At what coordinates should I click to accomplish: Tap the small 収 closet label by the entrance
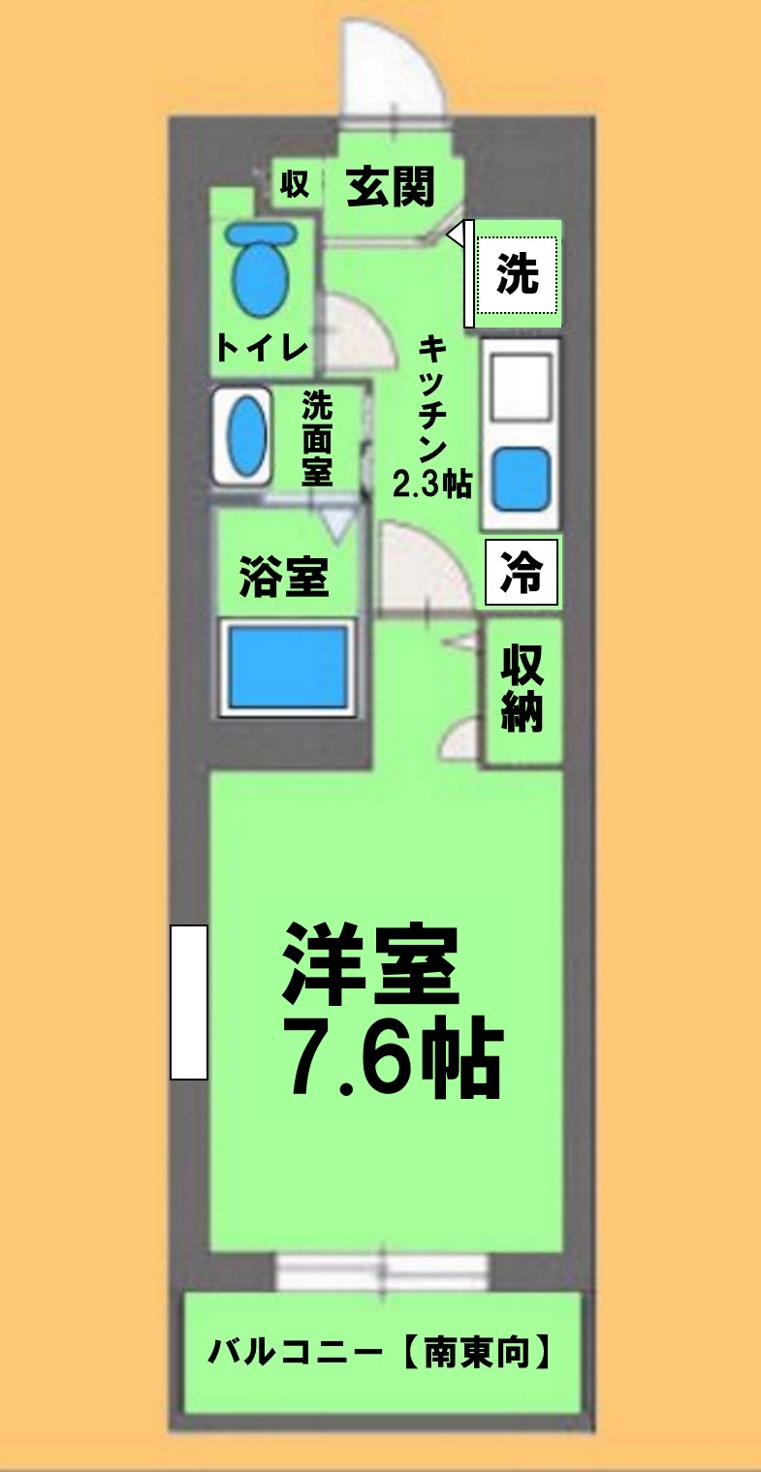point(295,184)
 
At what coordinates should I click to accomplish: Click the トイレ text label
point(262,348)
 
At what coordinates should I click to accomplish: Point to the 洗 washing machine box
point(518,276)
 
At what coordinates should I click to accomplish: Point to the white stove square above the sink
point(521,386)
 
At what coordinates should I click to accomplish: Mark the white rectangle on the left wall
point(189,1002)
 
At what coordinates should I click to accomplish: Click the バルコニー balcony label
point(298,1351)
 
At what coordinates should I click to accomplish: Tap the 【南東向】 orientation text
point(476,1351)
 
